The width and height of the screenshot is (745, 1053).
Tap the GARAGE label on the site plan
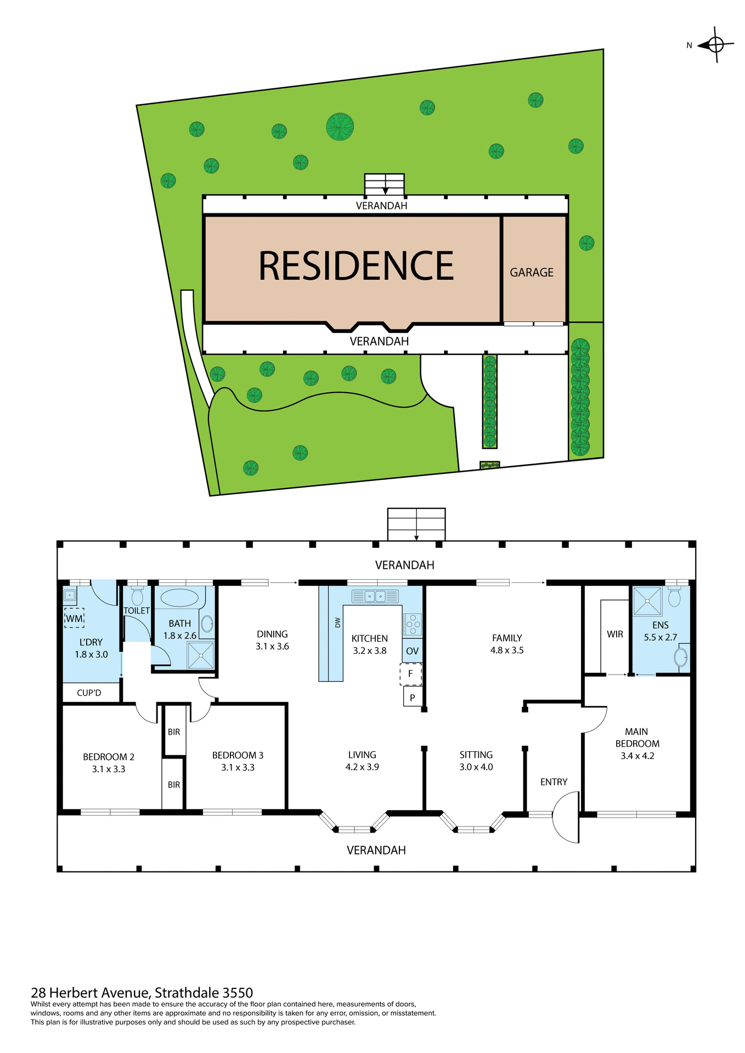[532, 273]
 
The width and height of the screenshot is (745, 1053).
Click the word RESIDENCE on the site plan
[356, 266]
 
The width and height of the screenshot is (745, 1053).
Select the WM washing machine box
[74, 618]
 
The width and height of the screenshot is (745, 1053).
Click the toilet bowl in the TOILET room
[137, 597]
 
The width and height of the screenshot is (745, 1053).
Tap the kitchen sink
[375, 596]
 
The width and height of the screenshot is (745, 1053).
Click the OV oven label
[412, 651]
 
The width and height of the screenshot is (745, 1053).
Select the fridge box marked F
[410, 674]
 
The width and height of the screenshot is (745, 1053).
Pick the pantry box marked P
[412, 698]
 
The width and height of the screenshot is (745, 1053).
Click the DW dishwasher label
[337, 622]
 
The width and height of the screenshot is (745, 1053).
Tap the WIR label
[614, 634]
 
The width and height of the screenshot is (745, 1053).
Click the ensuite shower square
[647, 601]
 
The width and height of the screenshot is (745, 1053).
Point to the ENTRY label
[554, 782]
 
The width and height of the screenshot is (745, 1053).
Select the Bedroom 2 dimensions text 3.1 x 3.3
[109, 769]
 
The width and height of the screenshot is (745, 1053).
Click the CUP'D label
[89, 693]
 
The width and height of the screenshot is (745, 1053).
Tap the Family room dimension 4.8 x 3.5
[507, 650]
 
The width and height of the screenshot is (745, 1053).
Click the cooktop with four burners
[413, 624]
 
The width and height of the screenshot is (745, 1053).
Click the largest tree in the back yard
[340, 127]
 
